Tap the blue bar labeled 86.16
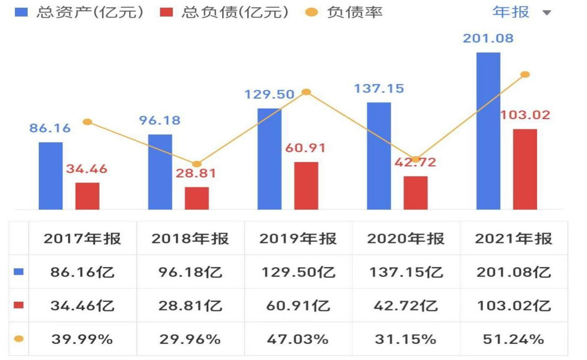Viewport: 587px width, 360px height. [x=50, y=176]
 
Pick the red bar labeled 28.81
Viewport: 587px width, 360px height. [x=197, y=198]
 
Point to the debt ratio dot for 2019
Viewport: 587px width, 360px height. [x=306, y=92]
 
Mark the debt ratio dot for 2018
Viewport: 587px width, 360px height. [x=197, y=164]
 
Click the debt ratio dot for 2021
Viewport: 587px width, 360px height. [x=525, y=74]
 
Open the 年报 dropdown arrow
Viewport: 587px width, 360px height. [x=547, y=13]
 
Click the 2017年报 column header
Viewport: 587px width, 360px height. [x=82, y=238]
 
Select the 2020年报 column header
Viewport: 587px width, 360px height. [x=406, y=238]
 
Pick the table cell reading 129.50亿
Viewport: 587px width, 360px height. [x=298, y=272]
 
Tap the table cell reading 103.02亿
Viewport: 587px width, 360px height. [x=514, y=306]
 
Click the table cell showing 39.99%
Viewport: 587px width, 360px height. [x=82, y=339]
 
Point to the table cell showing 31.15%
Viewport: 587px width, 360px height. [x=406, y=339]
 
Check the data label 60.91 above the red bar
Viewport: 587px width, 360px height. [x=305, y=148]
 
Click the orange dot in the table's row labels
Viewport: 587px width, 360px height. [x=19, y=339]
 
